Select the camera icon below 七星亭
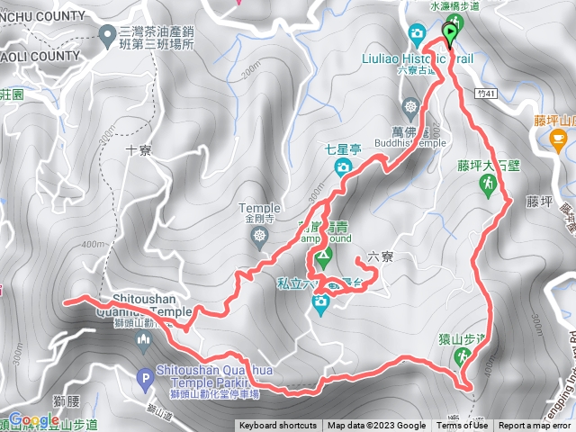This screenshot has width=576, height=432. [343, 166]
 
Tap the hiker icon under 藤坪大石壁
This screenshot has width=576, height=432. [487, 185]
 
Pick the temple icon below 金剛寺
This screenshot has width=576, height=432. [260, 237]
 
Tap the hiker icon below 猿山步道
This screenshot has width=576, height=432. [462, 356]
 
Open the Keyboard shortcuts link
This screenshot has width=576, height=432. [277, 426]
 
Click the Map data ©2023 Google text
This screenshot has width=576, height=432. [376, 426]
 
